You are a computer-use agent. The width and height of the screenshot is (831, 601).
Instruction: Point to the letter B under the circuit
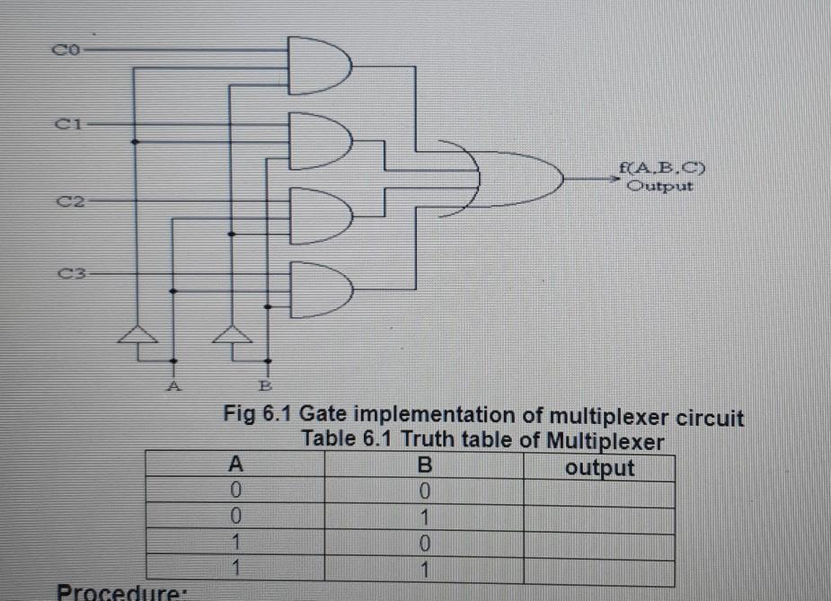266,387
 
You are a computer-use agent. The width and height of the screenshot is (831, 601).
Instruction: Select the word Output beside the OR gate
659,187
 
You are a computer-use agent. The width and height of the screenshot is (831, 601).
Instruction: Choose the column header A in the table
236,466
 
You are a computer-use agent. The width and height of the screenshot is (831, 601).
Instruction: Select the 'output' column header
599,467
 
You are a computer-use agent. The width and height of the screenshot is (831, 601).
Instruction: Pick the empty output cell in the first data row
599,492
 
